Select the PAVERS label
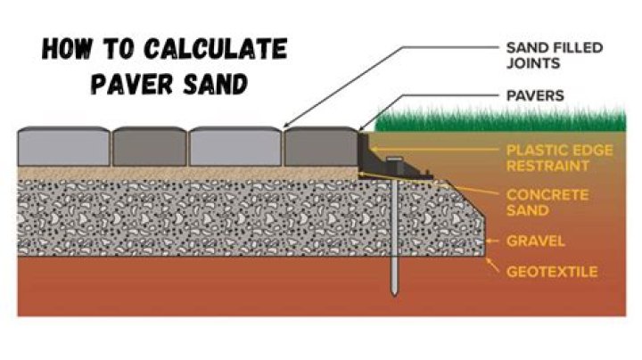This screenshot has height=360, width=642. pos(534,96)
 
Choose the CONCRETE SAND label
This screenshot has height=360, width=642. pos(540,201)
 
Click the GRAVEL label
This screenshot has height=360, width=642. pos(531,241)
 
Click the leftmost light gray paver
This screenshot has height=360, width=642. pos(63,147)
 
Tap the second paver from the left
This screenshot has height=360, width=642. pos(150,147)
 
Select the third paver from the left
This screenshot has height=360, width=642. pos(235,147)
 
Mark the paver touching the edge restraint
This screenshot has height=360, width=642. pos(320,147)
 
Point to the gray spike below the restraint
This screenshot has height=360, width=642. pos(392,241)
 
